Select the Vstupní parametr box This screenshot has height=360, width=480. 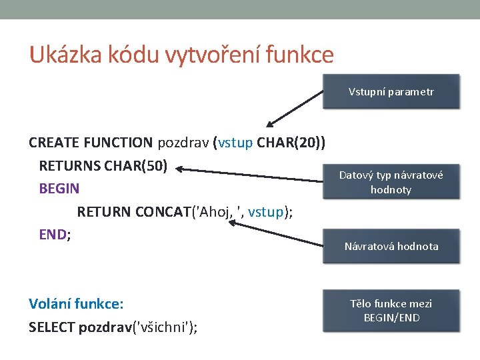pos(391,91)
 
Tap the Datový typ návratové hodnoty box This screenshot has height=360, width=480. pos(391,182)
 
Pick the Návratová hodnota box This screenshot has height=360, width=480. pos(391,246)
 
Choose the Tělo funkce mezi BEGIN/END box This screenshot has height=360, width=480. pos(391,310)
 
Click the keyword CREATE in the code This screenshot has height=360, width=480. pos(54,142)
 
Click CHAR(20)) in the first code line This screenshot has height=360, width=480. pos(291,142)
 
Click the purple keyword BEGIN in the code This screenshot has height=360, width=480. pos(59,189)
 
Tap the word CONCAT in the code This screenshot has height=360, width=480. pos(163,212)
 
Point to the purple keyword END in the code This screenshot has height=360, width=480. pos(53,235)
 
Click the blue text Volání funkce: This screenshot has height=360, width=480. pos(76,304)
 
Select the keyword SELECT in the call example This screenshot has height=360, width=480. pos(52,327)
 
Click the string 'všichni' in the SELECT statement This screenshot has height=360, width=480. pos(165,327)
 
